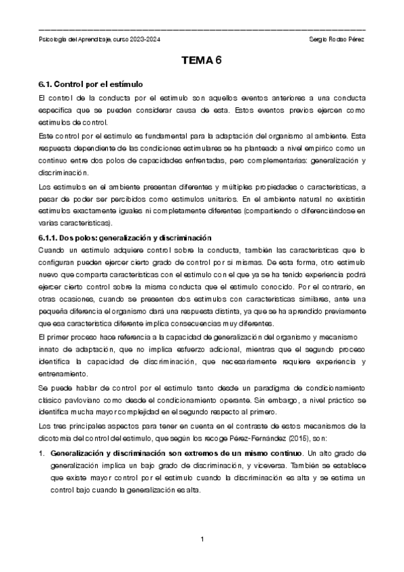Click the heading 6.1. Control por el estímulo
[90, 85]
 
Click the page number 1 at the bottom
[202, 539]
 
